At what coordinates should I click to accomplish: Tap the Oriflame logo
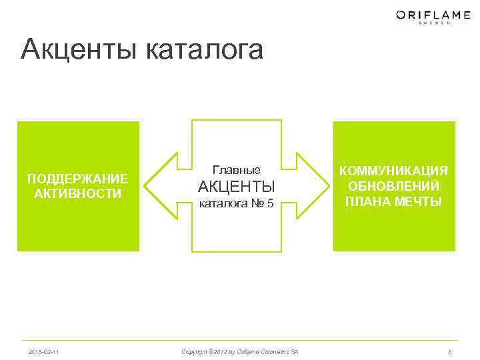423,14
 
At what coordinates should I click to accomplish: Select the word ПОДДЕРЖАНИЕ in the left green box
77,179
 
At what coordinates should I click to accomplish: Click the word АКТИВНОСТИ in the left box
77,194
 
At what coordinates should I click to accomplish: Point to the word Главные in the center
236,170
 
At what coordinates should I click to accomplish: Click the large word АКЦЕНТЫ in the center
237,186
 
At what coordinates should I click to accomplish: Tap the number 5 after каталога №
270,203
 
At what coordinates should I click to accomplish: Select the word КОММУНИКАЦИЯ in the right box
394,171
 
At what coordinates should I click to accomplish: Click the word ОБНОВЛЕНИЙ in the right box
394,186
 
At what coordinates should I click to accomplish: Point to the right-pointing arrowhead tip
327,186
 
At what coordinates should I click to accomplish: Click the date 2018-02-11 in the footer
43,351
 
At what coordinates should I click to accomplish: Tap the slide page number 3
450,351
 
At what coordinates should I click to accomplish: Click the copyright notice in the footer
240,351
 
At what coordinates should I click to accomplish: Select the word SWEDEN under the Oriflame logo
434,23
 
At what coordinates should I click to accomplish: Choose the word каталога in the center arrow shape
222,203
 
